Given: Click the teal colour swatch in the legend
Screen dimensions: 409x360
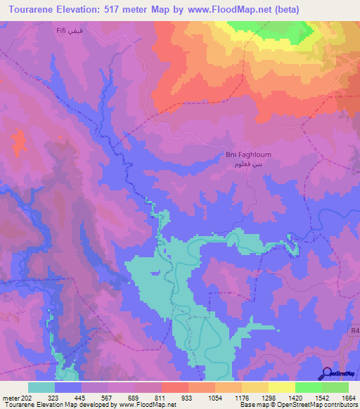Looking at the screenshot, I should tap(41, 387).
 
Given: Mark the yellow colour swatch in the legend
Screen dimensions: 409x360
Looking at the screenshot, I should tap(281, 387).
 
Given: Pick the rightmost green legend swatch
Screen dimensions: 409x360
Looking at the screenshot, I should tap(335, 387).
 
